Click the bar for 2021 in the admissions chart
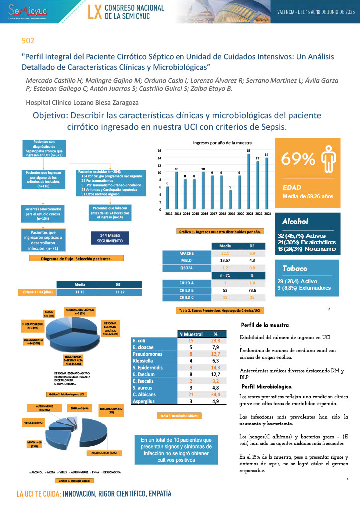click(x=248, y=181)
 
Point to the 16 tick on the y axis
click(x=159, y=150)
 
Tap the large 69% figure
click(x=298, y=159)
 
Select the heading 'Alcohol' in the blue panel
click(x=295, y=221)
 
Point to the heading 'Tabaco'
click(x=295, y=268)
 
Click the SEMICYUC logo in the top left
click(x=23, y=10)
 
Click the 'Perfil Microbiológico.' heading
click(x=267, y=386)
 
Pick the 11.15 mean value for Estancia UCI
click(x=79, y=292)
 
